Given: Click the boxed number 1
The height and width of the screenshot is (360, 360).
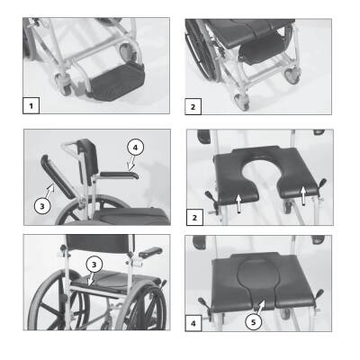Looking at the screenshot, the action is [31, 105].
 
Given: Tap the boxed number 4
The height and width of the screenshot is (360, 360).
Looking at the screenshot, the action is [193, 323].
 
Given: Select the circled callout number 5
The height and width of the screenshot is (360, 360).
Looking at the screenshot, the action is [254, 322].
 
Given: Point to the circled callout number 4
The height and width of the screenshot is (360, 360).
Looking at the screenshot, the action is [135, 148].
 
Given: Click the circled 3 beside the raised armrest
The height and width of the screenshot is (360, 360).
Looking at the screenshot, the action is [42, 206].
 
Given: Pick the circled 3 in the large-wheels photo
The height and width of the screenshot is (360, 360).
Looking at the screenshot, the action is [94, 265].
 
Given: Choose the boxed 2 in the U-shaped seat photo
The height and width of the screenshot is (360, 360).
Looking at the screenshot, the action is [194, 218].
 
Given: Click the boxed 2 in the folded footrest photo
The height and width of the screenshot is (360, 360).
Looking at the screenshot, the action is [193, 106].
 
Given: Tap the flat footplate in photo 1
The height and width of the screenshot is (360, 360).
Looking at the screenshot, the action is [116, 82].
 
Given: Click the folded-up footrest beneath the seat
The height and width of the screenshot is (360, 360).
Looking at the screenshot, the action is [260, 49].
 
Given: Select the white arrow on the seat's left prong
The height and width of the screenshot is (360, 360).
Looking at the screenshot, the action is [238, 203].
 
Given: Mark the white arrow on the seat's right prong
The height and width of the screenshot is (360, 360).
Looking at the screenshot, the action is [303, 196].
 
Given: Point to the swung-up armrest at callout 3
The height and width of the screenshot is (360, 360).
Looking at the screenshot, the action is [58, 176].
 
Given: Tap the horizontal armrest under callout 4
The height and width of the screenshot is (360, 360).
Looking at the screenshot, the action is [120, 175].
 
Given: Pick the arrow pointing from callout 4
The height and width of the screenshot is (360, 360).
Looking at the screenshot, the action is [130, 165].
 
